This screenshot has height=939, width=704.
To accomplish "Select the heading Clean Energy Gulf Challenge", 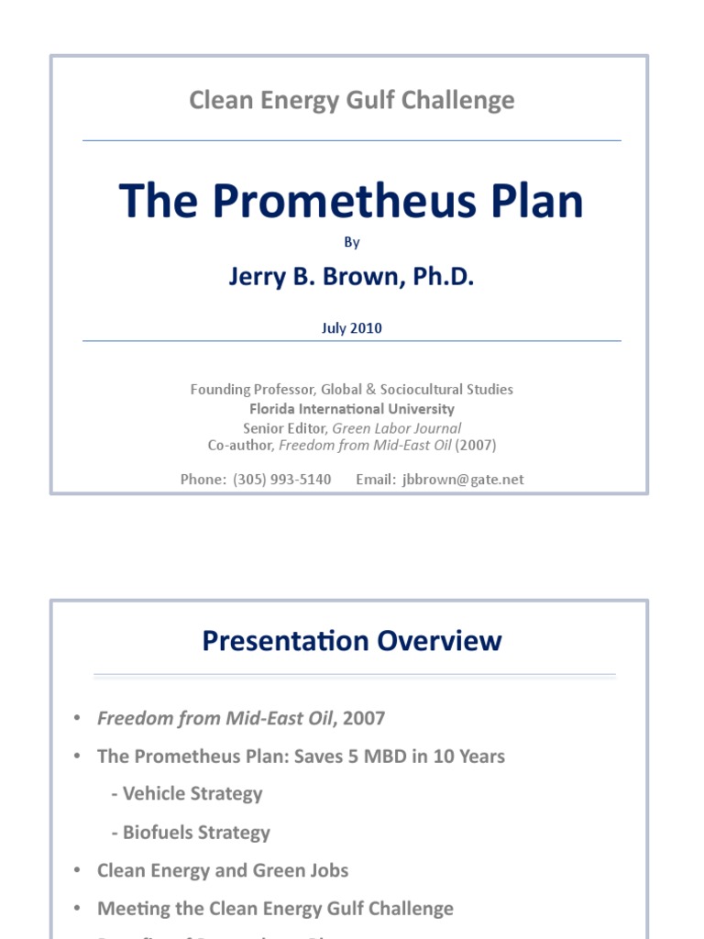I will point(351,100).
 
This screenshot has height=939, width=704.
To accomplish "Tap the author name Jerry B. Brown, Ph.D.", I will point(351,277).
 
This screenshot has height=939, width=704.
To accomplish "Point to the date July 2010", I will point(351,328).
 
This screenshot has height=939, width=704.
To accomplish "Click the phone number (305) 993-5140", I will point(281,479).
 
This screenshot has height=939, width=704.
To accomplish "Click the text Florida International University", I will point(351,409).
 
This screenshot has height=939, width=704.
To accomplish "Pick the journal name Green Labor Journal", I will point(396,428).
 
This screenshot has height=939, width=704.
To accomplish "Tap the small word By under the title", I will point(352,242).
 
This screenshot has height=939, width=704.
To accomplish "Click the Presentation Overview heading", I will point(351,640).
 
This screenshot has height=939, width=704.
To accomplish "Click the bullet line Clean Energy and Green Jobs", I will point(223,870).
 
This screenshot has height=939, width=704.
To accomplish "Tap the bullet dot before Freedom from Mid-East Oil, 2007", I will point(78,718).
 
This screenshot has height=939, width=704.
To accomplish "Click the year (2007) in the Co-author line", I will point(476,446).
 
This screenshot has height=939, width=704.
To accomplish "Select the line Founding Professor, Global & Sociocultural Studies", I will point(351,390).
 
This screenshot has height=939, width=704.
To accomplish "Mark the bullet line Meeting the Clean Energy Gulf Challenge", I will point(275,909).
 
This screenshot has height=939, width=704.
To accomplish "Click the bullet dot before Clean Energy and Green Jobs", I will point(78,870).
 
